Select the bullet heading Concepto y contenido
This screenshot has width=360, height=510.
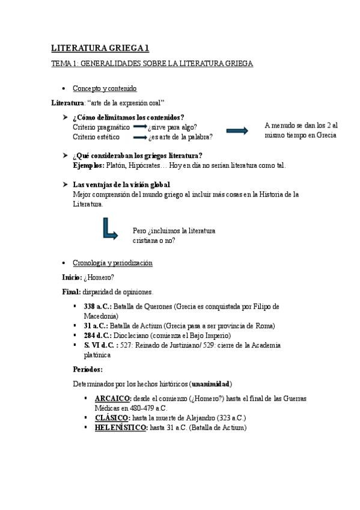pos(105,88)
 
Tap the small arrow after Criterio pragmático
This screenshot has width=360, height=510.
pos(140,127)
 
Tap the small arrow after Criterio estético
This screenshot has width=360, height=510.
pos(140,137)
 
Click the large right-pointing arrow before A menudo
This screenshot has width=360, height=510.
pos(237,131)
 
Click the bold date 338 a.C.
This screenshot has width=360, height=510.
pos(97,307)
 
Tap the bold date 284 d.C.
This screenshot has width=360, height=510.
pos(97,336)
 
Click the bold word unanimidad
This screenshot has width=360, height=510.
pos(211,384)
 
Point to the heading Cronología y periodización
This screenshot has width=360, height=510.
pos(112,263)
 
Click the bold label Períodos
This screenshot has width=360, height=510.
pos(88,369)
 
